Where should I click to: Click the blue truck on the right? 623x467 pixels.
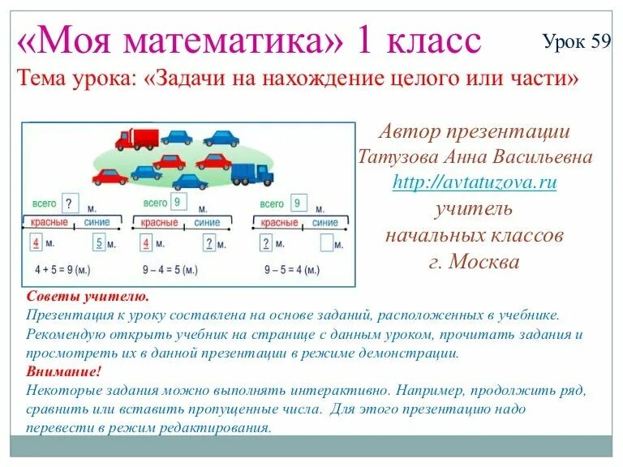(x=252, y=173)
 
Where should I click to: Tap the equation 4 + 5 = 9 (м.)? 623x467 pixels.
(x=63, y=268)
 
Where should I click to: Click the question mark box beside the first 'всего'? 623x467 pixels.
(x=71, y=203)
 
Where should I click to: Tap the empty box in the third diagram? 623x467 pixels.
(x=327, y=242)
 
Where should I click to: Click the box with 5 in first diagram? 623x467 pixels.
(x=100, y=242)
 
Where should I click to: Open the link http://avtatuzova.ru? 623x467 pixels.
(x=475, y=182)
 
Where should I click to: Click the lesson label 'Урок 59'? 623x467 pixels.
(x=577, y=42)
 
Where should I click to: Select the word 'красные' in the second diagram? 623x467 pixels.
(x=160, y=222)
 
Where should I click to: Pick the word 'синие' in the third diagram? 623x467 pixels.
(x=324, y=222)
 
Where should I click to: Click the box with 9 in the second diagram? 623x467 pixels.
(x=178, y=202)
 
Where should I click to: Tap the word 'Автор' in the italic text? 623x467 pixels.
(x=410, y=131)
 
